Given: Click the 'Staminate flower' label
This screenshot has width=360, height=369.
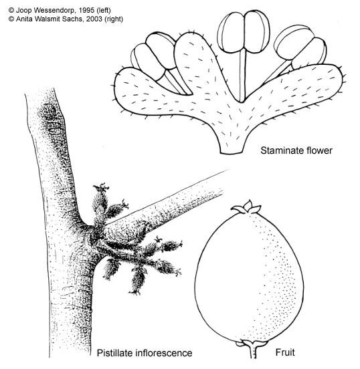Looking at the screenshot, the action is pos(296,150).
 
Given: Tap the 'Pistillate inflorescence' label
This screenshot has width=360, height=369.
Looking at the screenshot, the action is pos(145,353).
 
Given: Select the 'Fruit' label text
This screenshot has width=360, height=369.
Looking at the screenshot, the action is pos(285,352).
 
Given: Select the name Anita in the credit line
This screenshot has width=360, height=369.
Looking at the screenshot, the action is pos(24,19).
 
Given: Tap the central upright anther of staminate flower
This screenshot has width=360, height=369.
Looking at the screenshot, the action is pos(244,32).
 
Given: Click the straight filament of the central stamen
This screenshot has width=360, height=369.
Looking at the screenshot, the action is pos(243,76).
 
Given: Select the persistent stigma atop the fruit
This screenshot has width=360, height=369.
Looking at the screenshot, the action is pos(246,207).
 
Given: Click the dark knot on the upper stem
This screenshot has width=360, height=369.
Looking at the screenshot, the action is pos(46,112).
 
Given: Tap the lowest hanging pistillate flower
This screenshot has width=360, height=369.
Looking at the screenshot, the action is pos(137,281).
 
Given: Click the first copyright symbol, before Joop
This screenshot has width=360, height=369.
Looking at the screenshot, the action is pos(11,10).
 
